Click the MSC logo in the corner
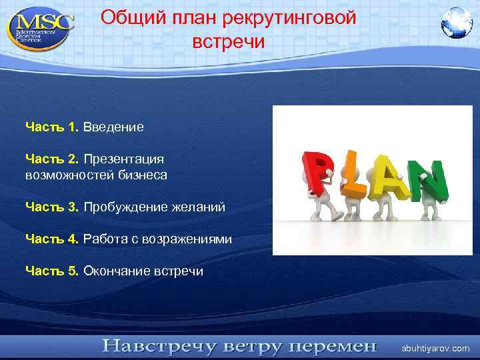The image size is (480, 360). click(40, 27)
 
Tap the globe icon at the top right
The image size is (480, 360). click(456, 23)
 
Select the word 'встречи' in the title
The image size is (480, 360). click(229, 42)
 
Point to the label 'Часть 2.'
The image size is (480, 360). click(52, 159)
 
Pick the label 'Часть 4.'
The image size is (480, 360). click(52, 239)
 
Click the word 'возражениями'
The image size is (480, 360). click(192, 239)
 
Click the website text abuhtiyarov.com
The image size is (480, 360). click(435, 349)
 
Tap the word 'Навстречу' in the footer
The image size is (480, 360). click(158, 347)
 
